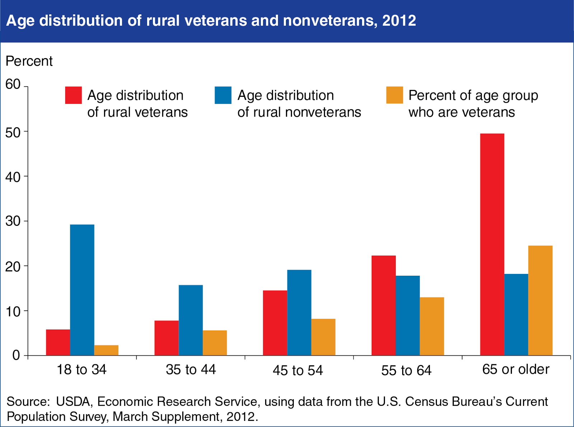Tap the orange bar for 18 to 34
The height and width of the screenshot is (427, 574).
pos(106,350)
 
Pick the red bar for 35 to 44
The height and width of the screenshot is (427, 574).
pos(166,338)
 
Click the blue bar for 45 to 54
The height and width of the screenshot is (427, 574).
pos(299,312)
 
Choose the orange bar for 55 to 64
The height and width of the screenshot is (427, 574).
pos(432,326)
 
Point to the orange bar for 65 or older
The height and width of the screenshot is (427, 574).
pos(540,300)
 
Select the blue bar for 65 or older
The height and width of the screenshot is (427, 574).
pos(516,314)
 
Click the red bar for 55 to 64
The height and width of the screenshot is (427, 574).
pos(384,305)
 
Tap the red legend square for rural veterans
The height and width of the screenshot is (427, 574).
pos(73,95)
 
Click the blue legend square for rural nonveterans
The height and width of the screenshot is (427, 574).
pos(223,95)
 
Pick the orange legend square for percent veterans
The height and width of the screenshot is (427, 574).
pos(394,95)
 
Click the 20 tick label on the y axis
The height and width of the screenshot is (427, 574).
pos(13,266)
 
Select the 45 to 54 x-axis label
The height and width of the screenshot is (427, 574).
pos(298,370)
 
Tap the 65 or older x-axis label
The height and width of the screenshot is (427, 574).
pos(516,369)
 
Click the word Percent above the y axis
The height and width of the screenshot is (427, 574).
pos(29,61)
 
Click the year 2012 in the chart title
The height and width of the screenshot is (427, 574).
pos(399,21)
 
